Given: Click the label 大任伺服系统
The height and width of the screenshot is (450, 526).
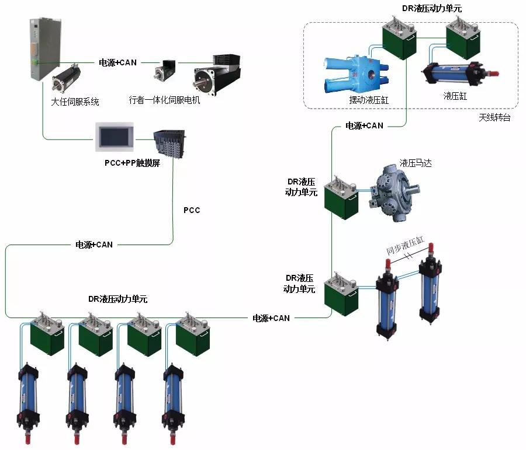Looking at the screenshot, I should (75, 102).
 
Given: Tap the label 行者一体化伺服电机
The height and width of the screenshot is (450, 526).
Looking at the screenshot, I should (164, 100).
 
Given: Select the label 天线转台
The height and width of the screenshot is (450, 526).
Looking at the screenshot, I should (494, 117).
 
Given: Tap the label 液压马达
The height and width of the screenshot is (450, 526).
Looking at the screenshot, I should (416, 162).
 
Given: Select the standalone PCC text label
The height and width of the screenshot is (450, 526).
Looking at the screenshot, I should (192, 210).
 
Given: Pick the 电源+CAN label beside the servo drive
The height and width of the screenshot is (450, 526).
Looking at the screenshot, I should (117, 62).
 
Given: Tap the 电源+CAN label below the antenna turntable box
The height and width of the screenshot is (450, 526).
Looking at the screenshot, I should (364, 125).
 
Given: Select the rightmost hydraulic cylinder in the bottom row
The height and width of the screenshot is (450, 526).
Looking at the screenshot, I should (174, 397).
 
